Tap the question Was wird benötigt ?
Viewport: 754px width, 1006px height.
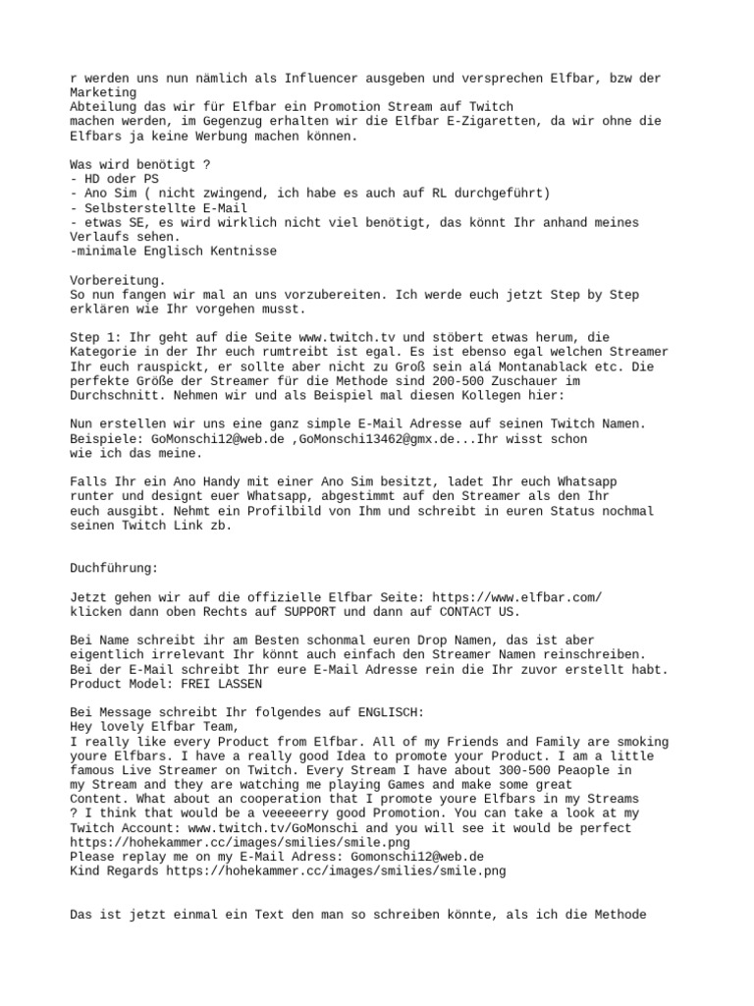140,165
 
